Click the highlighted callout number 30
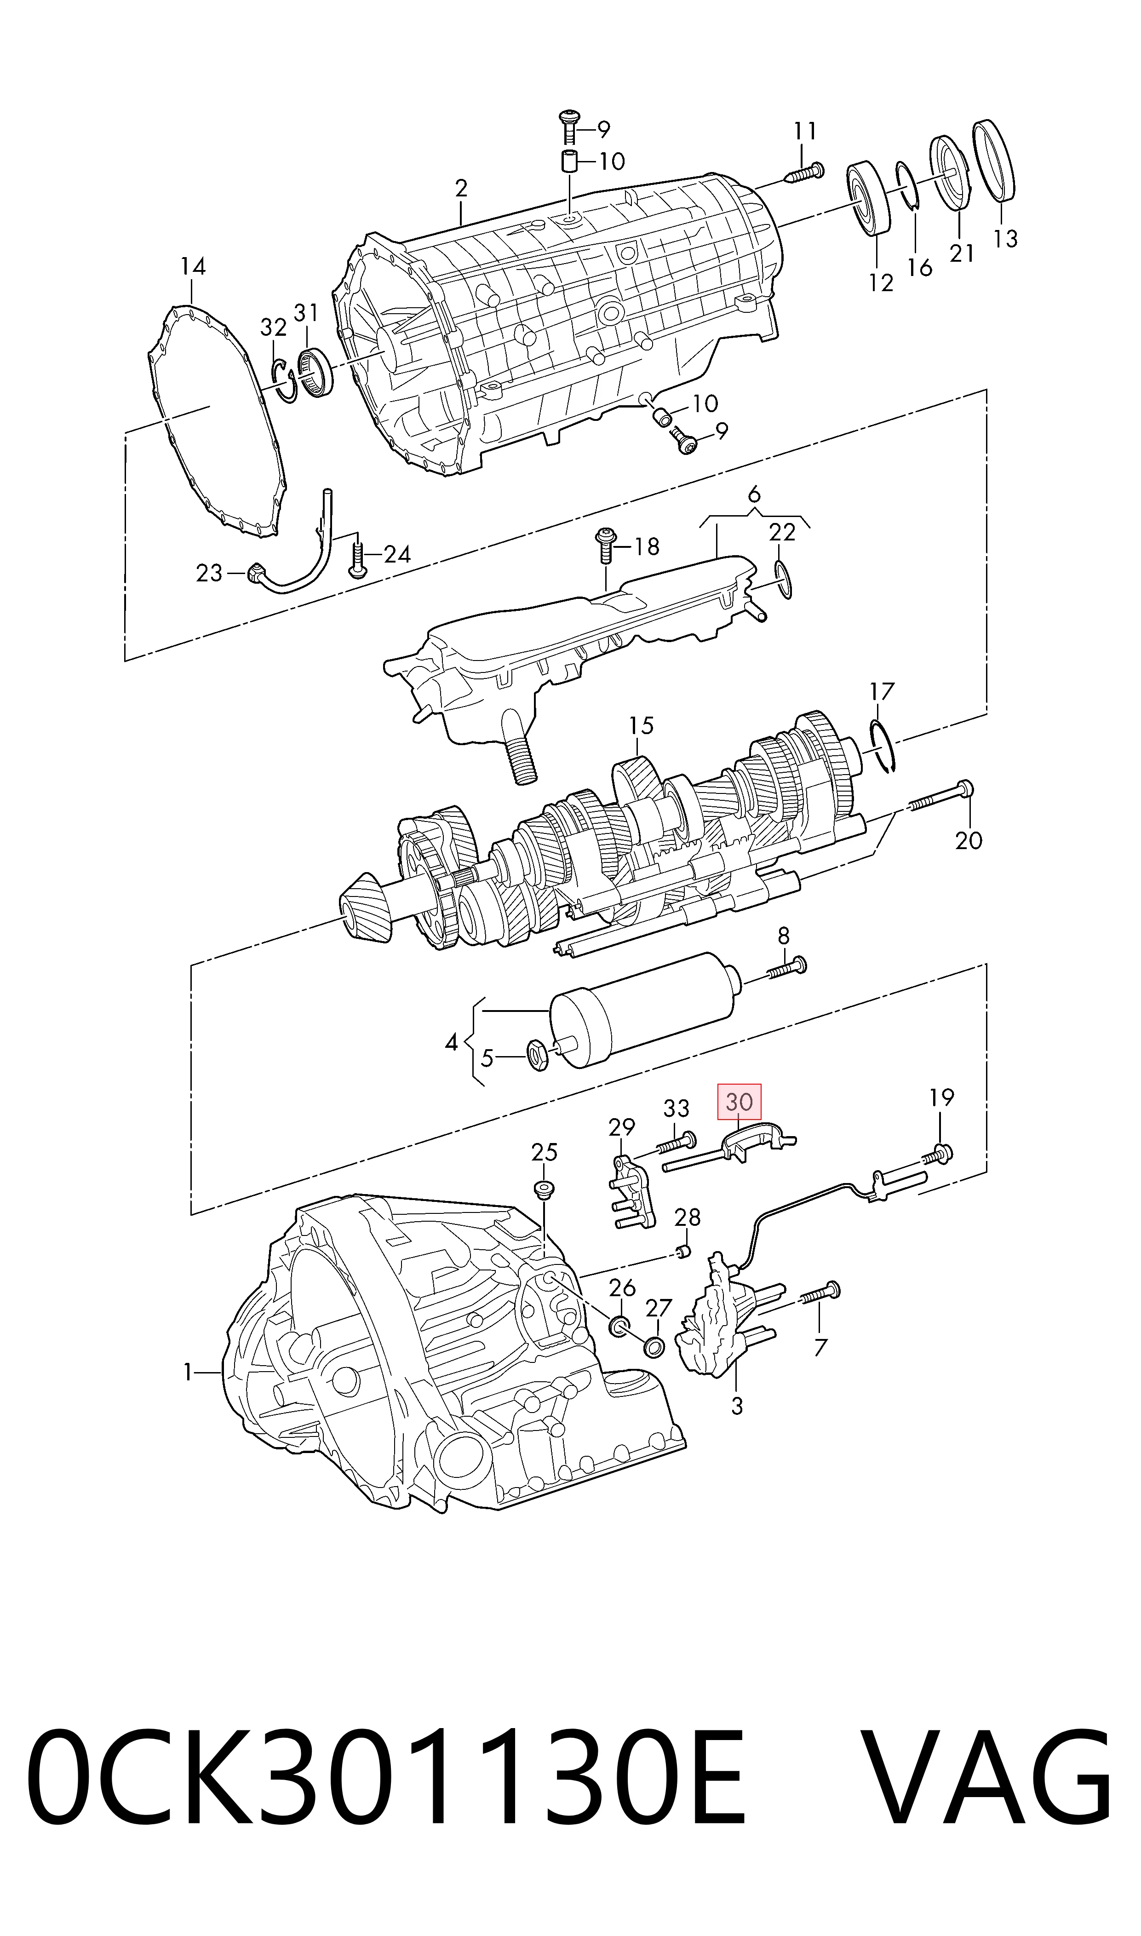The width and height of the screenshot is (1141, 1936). (x=739, y=1102)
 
